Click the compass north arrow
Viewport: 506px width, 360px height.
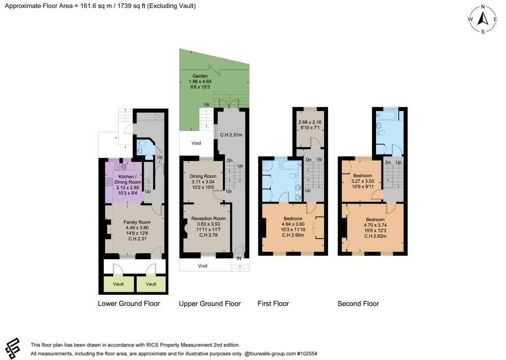click(x=483, y=18)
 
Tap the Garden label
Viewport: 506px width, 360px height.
click(x=200, y=76)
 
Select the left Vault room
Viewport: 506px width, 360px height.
click(x=118, y=283)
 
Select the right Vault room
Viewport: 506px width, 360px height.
click(x=151, y=283)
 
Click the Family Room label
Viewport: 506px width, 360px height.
click(x=137, y=222)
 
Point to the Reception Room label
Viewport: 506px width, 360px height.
click(x=208, y=218)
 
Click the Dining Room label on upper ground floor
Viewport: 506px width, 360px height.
click(x=203, y=176)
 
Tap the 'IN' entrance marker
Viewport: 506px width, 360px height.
click(x=239, y=258)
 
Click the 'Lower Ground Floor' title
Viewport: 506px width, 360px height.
click(x=129, y=304)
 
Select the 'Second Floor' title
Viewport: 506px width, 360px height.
click(x=358, y=304)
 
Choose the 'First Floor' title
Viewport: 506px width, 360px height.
click(x=273, y=304)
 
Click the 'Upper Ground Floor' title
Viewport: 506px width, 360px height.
click(x=210, y=304)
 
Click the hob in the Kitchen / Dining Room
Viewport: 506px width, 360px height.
click(x=109, y=182)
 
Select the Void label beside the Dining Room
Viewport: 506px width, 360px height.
click(x=196, y=143)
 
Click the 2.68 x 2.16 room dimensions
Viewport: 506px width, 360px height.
click(x=310, y=122)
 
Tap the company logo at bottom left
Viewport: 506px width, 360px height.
click(x=12, y=348)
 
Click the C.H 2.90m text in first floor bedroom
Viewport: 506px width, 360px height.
click(x=293, y=235)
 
